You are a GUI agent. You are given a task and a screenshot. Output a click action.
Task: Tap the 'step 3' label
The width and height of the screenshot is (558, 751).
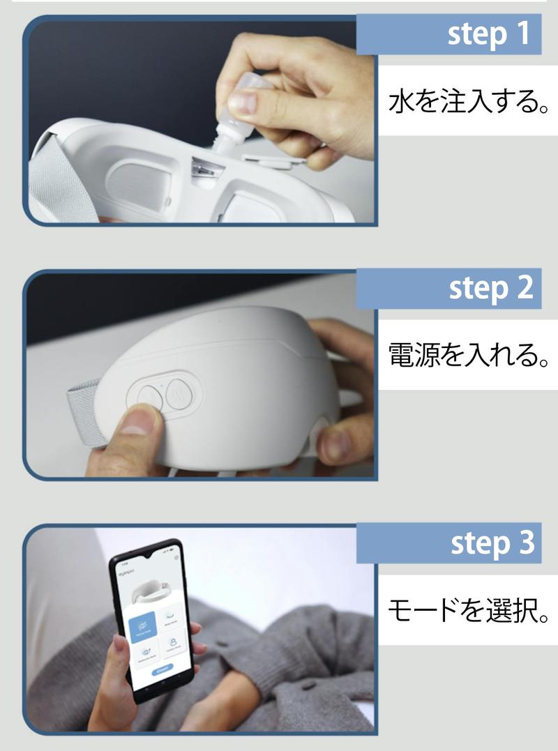488,543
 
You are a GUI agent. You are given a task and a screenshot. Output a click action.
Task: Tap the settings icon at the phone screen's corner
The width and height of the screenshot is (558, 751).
176,558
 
